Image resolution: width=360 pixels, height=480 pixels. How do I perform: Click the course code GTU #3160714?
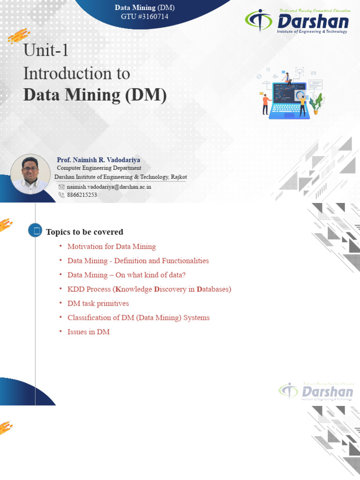pyautogui.click(x=144, y=17)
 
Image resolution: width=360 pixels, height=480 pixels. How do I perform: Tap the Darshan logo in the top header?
pyautogui.click(x=297, y=22)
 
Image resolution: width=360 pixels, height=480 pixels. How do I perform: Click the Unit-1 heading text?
pyautogui.click(x=46, y=51)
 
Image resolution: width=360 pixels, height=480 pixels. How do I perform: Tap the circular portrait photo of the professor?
pyautogui.click(x=30, y=174)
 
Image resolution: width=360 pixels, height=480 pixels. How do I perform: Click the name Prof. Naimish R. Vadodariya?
pyautogui.click(x=98, y=160)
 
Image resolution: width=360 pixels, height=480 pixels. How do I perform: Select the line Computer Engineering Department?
pyautogui.click(x=99, y=168)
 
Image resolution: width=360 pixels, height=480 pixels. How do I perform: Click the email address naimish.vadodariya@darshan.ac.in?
pyautogui.click(x=109, y=187)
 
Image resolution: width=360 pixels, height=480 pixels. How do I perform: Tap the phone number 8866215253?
pyautogui.click(x=82, y=195)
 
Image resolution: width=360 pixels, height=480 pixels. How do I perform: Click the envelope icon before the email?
pyautogui.click(x=61, y=187)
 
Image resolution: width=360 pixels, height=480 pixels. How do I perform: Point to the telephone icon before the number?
pyautogui.click(x=61, y=195)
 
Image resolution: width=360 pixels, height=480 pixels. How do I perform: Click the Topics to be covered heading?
pyautogui.click(x=84, y=232)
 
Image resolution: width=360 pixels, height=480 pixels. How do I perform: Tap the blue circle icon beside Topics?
pyautogui.click(x=35, y=230)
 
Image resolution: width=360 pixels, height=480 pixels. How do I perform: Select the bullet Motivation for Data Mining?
pyautogui.click(x=112, y=247)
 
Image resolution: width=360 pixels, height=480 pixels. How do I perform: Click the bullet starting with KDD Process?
pyautogui.click(x=149, y=289)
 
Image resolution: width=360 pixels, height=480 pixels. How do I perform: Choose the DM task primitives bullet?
pyautogui.click(x=98, y=304)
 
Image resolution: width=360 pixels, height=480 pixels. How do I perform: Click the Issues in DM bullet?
pyautogui.click(x=89, y=332)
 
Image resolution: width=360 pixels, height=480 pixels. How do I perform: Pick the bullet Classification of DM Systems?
pyautogui.click(x=138, y=318)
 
